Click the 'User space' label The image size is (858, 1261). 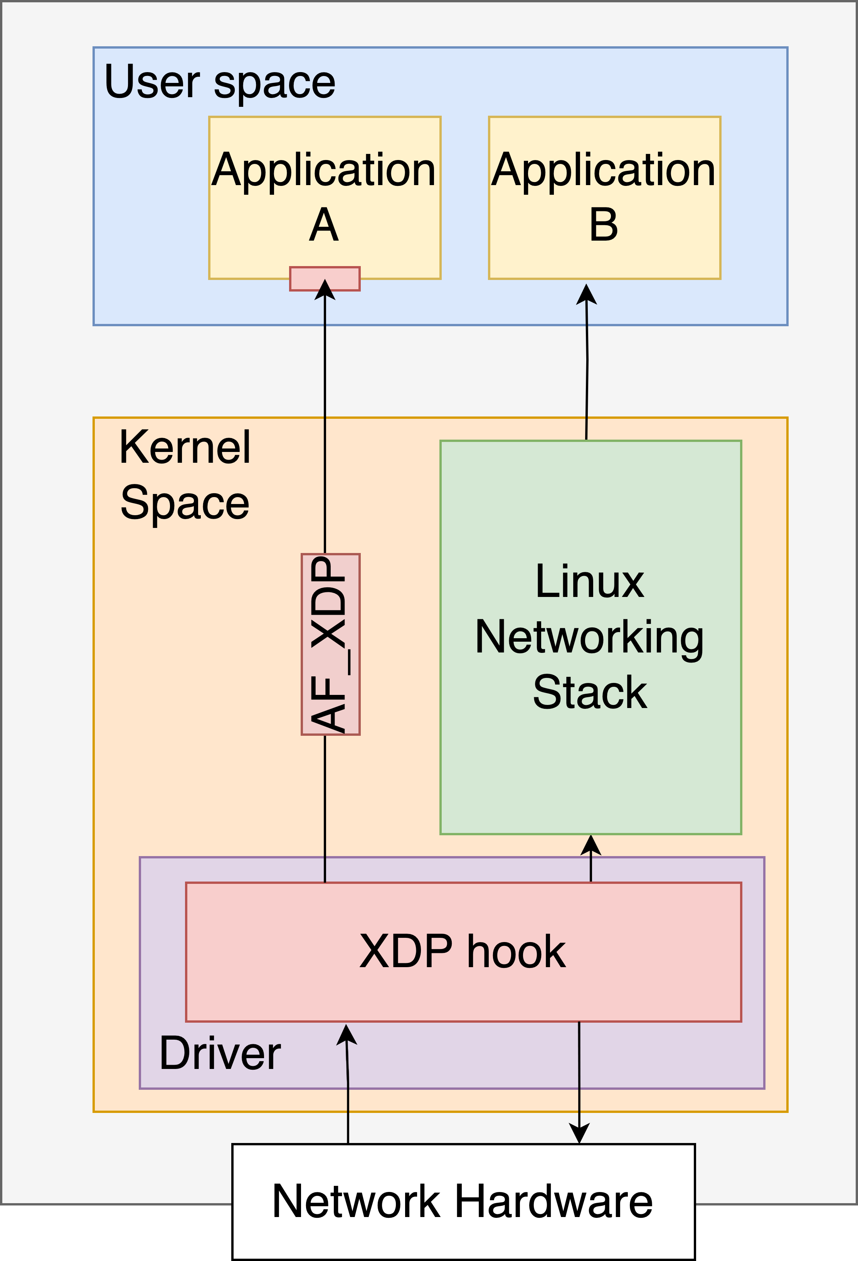point(220,83)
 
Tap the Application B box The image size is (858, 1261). point(604,198)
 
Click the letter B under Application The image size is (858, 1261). point(604,225)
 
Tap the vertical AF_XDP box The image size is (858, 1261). point(330,644)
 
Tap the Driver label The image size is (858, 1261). point(220,1053)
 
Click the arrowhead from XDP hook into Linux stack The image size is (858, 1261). point(591,845)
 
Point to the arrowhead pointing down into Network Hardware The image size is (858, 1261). point(579,1133)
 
